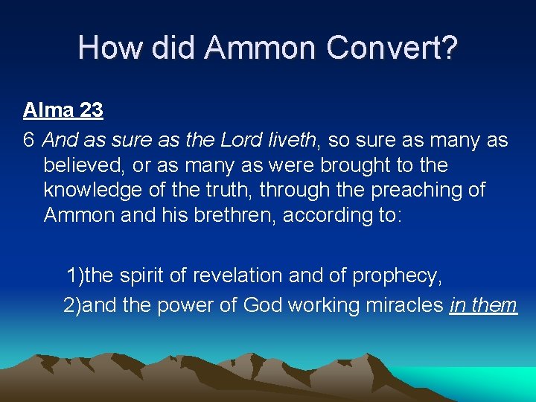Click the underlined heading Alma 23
point(63,111)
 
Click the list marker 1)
point(74,276)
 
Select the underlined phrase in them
point(483,304)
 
